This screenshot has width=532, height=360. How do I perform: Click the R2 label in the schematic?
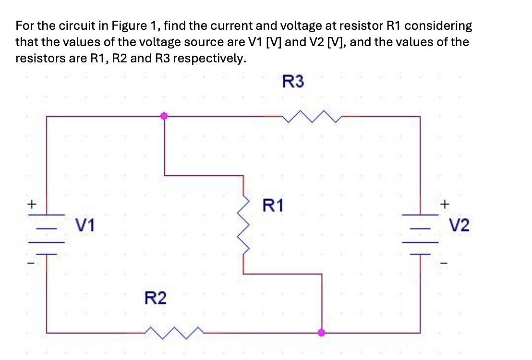point(156,299)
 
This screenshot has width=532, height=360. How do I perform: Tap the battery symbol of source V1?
point(47,233)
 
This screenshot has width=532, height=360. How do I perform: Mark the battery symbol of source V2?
point(420,233)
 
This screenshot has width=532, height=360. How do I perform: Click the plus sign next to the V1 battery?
point(32,204)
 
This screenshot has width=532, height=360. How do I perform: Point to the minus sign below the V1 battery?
point(32,263)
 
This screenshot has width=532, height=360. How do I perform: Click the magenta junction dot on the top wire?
point(164,116)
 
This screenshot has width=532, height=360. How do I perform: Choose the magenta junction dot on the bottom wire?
point(321,332)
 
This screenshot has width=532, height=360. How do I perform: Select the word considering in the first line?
point(442,25)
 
